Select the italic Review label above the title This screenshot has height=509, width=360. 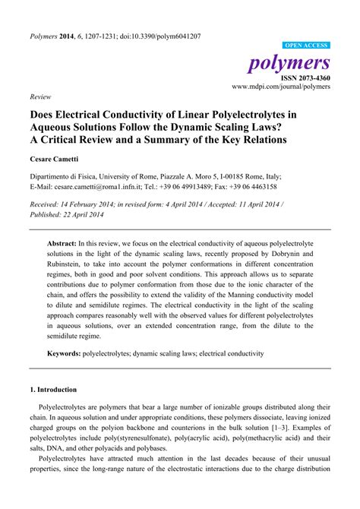pos(39,98)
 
